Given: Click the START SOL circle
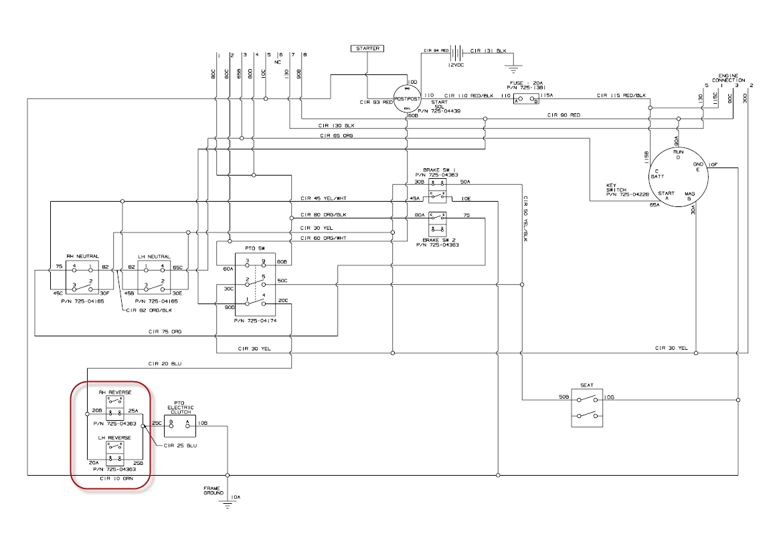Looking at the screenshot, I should coord(408,98).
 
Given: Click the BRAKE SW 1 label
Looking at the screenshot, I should coord(439,171).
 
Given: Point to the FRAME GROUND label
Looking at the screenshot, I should coord(213,490).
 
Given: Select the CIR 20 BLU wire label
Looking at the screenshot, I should coord(165,363).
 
